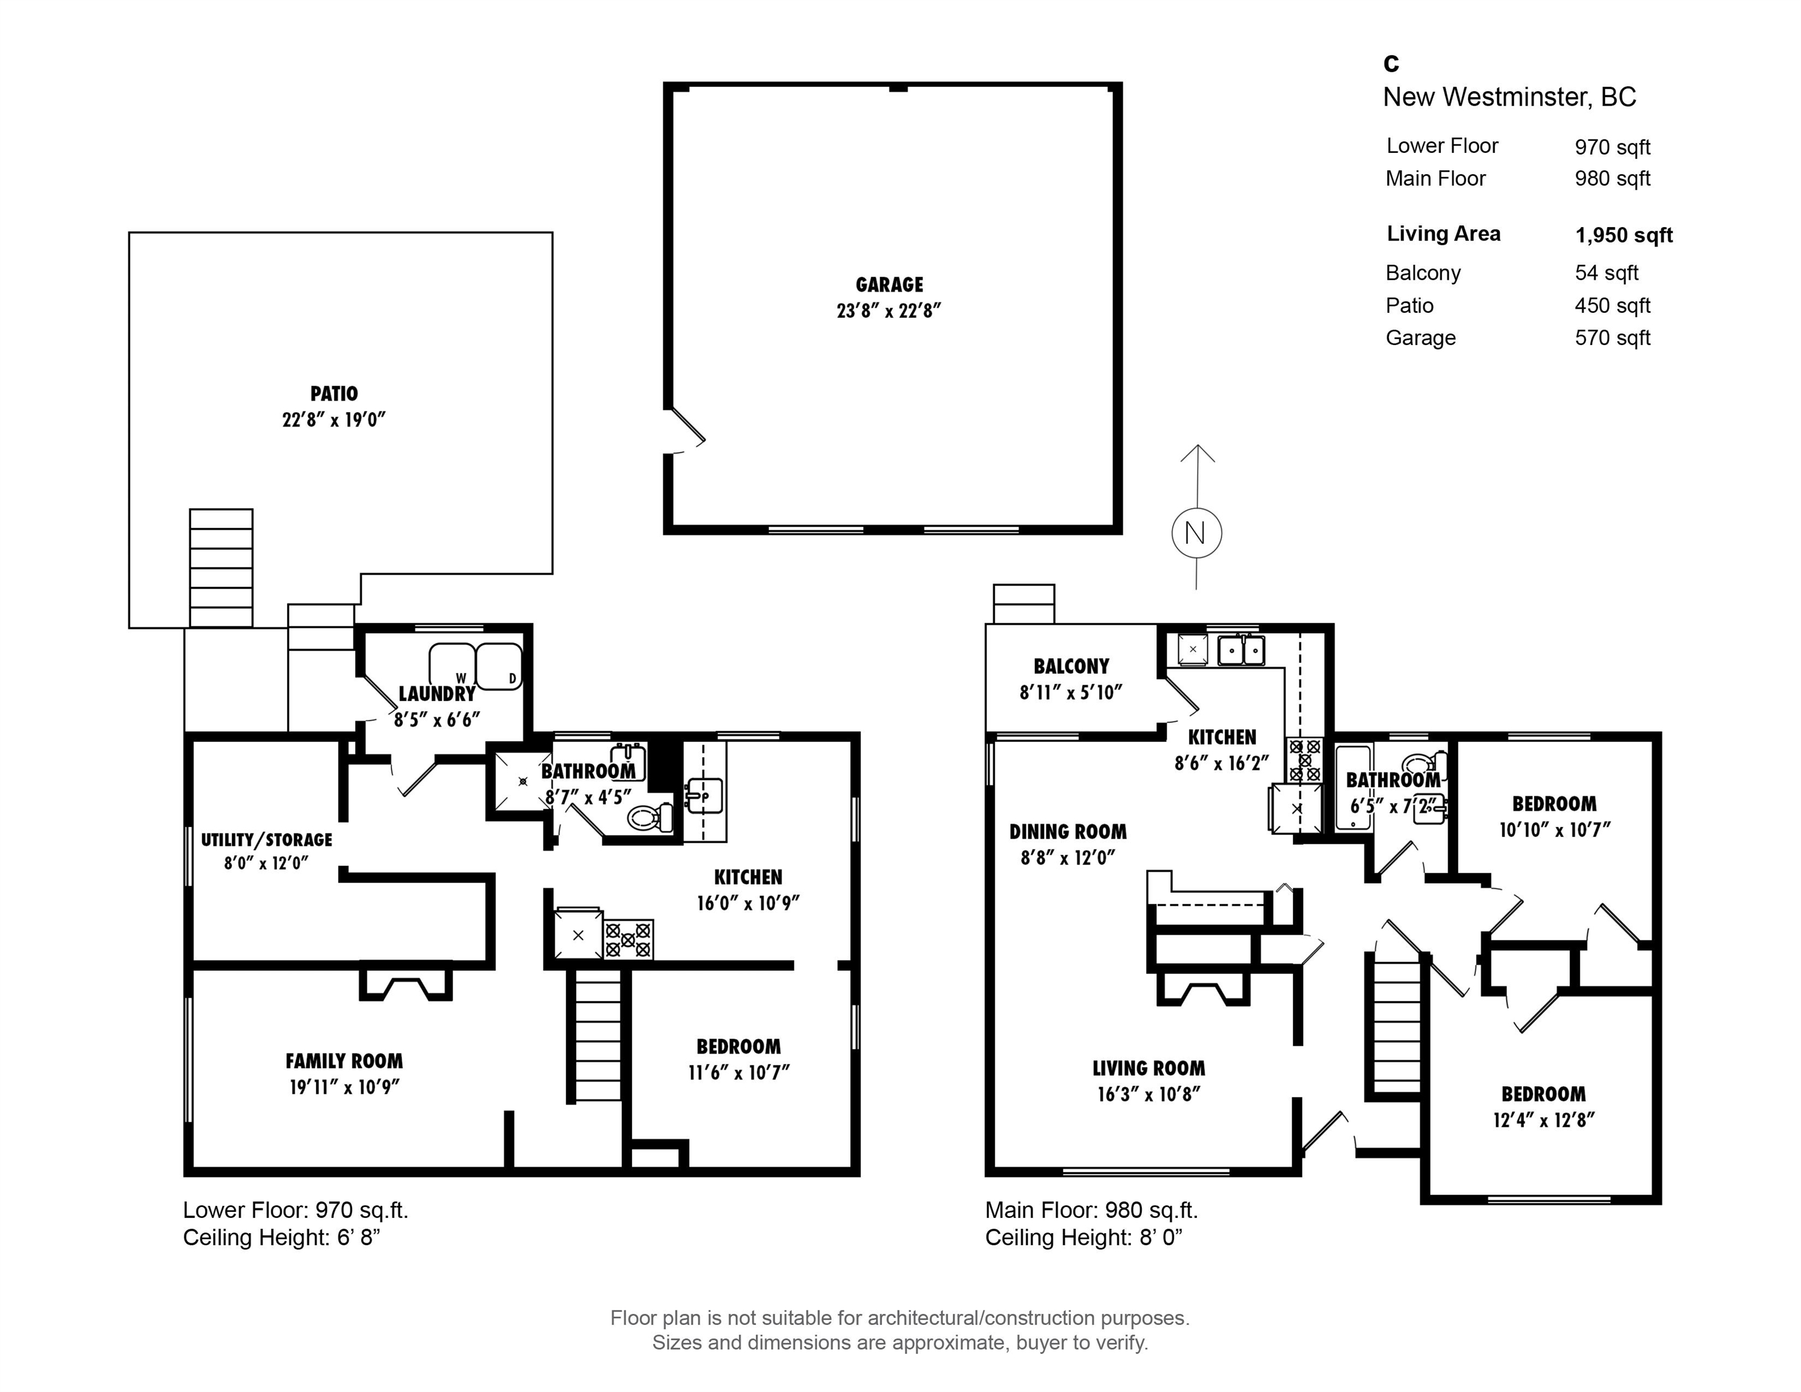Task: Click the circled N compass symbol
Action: point(1197,533)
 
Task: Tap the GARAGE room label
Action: point(889,285)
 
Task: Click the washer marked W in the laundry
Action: point(452,665)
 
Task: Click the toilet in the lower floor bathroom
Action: point(650,817)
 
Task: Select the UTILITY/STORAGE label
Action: point(266,839)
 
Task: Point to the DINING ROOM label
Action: point(1068,831)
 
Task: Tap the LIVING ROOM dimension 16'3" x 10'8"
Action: point(1149,1094)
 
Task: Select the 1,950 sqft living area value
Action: point(1624,235)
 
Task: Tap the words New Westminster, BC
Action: point(1509,97)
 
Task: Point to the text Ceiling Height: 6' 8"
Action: point(281,1237)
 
